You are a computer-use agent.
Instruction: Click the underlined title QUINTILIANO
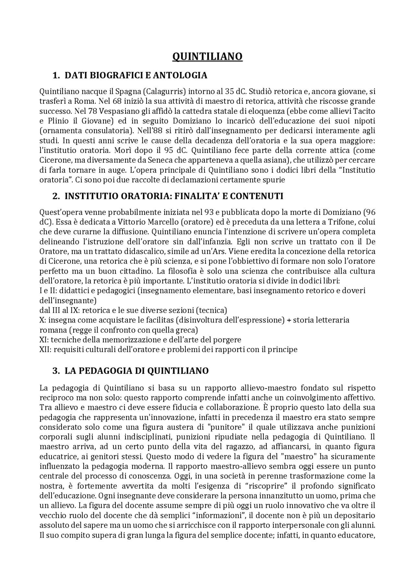[207, 56]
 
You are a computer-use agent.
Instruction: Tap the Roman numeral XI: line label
[44, 340]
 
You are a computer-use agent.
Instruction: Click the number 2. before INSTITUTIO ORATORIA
[56, 196]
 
